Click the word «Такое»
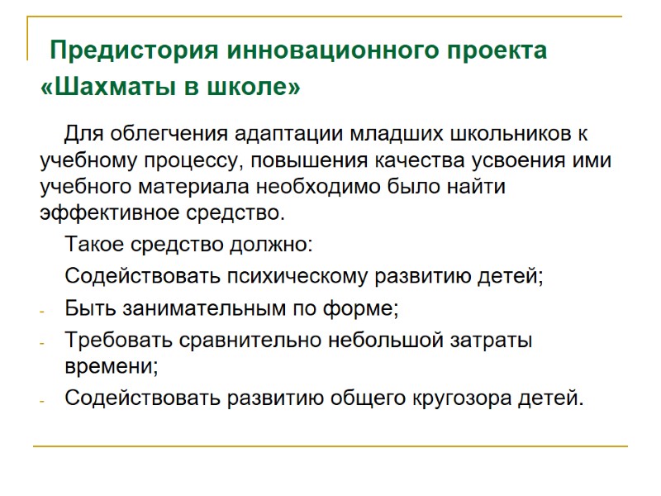pyautogui.click(x=91, y=246)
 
